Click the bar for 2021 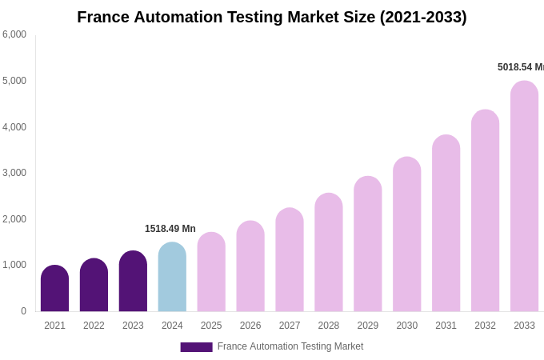point(54,289)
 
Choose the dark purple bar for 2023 point(133,282)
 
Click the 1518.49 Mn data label point(170,229)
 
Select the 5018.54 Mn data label point(520,67)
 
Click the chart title point(272,17)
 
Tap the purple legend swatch point(196,347)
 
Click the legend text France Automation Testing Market point(290,346)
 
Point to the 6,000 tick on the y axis point(14,34)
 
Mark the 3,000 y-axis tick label point(14,173)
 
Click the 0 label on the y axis point(23,311)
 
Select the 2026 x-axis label point(250,326)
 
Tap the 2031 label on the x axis point(446,326)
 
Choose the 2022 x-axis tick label point(94,326)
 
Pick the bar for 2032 point(485,211)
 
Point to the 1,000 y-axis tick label point(14,265)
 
